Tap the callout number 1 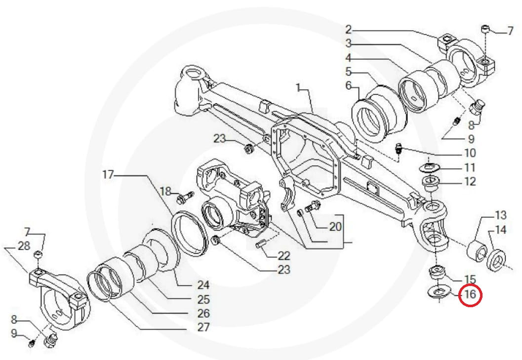click(x=298, y=87)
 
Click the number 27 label click(x=203, y=327)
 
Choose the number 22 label click(x=283, y=256)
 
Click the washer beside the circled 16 click(x=439, y=292)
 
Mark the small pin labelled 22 click(x=261, y=243)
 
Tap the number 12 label click(x=470, y=182)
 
